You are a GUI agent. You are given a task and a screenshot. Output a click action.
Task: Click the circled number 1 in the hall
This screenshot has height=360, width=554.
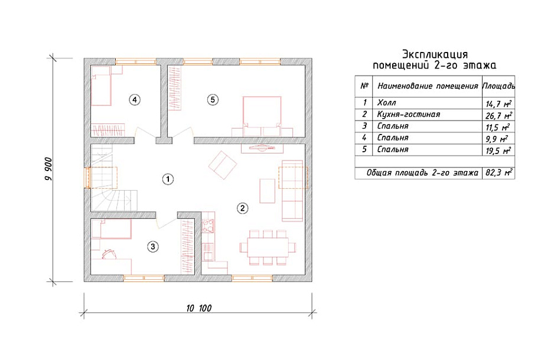click(x=168, y=179)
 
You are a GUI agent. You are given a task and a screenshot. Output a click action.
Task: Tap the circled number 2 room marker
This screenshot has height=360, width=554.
click(x=242, y=208)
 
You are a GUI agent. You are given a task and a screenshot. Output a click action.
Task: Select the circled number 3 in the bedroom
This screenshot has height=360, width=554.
click(x=152, y=246)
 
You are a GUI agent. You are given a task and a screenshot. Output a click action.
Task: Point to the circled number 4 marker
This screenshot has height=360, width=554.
click(x=134, y=100)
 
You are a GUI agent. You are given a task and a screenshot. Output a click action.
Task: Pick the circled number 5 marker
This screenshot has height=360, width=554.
click(x=213, y=100)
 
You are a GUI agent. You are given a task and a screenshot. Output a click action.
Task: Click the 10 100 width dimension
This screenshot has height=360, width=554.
click(x=199, y=308)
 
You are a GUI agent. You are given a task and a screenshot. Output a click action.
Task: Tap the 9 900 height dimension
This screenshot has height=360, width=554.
click(x=48, y=169)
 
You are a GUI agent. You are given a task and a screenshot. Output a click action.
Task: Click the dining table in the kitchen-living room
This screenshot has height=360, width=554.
click(x=268, y=247)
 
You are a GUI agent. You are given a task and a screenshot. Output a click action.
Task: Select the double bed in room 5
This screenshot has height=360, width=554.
click(x=262, y=116)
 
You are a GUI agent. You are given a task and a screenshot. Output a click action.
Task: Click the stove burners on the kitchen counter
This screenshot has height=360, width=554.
click(x=208, y=226)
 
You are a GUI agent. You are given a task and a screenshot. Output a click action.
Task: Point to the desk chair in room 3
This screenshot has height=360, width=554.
click(x=109, y=253)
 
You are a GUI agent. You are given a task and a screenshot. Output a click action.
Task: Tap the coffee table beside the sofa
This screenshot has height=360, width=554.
click(x=267, y=191)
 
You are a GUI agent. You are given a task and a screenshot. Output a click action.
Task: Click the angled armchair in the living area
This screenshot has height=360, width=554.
click(x=222, y=165)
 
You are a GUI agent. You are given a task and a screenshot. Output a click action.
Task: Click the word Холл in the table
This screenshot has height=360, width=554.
click(x=386, y=103)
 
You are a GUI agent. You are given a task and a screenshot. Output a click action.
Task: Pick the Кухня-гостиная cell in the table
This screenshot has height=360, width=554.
click(x=409, y=114)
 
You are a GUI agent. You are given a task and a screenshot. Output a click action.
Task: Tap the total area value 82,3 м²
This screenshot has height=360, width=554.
click(x=498, y=173)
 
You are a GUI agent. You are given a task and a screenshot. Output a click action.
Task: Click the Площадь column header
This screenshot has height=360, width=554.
click(x=498, y=86)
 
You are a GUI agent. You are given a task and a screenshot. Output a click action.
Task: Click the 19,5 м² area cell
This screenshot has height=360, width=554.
click(x=498, y=150)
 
